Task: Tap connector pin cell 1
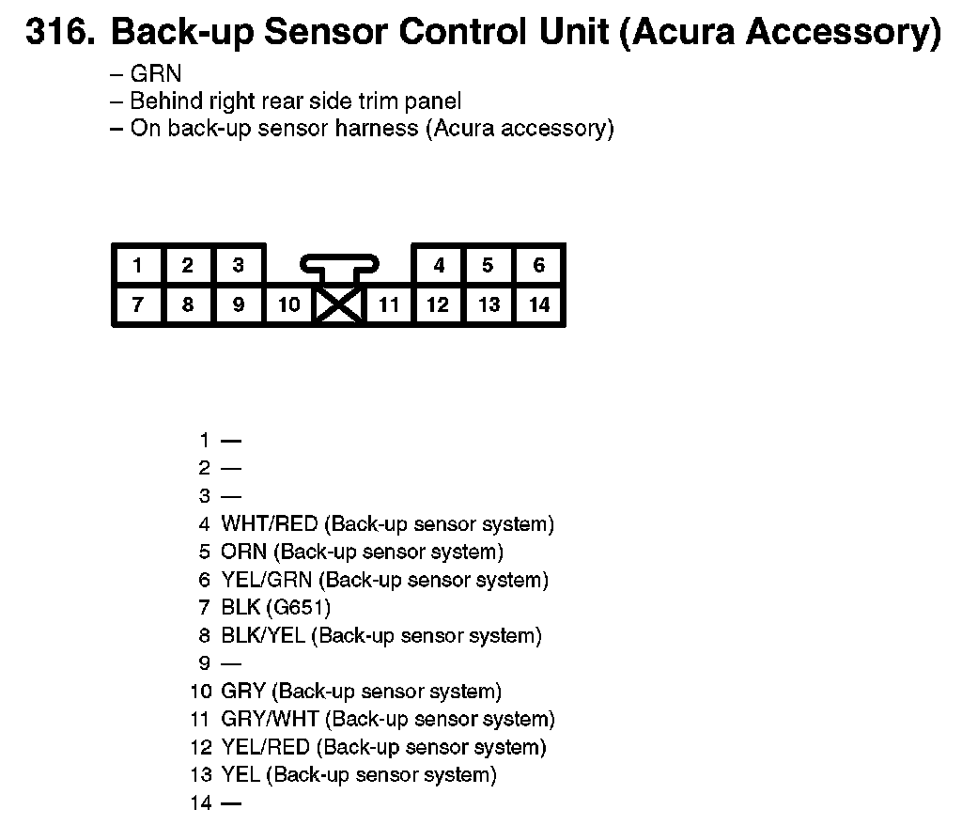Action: [x=137, y=266]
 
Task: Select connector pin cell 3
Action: [x=239, y=266]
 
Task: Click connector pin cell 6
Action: [x=538, y=266]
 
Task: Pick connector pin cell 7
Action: [x=137, y=304]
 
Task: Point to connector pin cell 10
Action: [x=289, y=304]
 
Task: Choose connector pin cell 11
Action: [x=388, y=304]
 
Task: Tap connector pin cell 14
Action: [x=538, y=304]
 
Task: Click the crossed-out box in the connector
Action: [x=339, y=305]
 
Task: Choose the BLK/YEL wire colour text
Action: [x=263, y=636]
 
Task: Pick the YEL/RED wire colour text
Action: [x=266, y=748]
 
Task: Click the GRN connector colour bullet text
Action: [x=156, y=73]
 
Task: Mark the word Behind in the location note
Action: [x=162, y=101]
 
